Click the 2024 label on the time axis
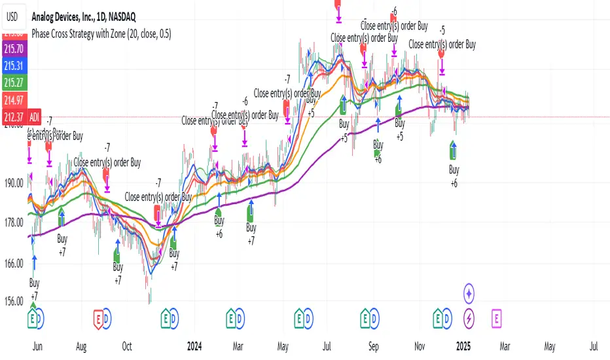point(194,345)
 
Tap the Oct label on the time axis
point(128,345)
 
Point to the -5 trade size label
point(442,30)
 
